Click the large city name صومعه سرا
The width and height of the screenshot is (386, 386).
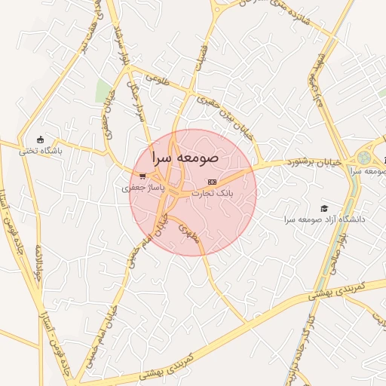click(185, 158)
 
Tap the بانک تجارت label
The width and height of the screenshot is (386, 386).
click(213, 193)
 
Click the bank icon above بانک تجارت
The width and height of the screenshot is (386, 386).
click(212, 182)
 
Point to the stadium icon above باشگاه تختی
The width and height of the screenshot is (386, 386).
click(41, 139)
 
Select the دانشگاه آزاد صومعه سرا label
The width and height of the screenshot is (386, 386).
click(324, 219)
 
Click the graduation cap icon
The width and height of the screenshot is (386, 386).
click(324, 208)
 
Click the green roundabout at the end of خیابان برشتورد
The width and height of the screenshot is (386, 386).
click(365, 158)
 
